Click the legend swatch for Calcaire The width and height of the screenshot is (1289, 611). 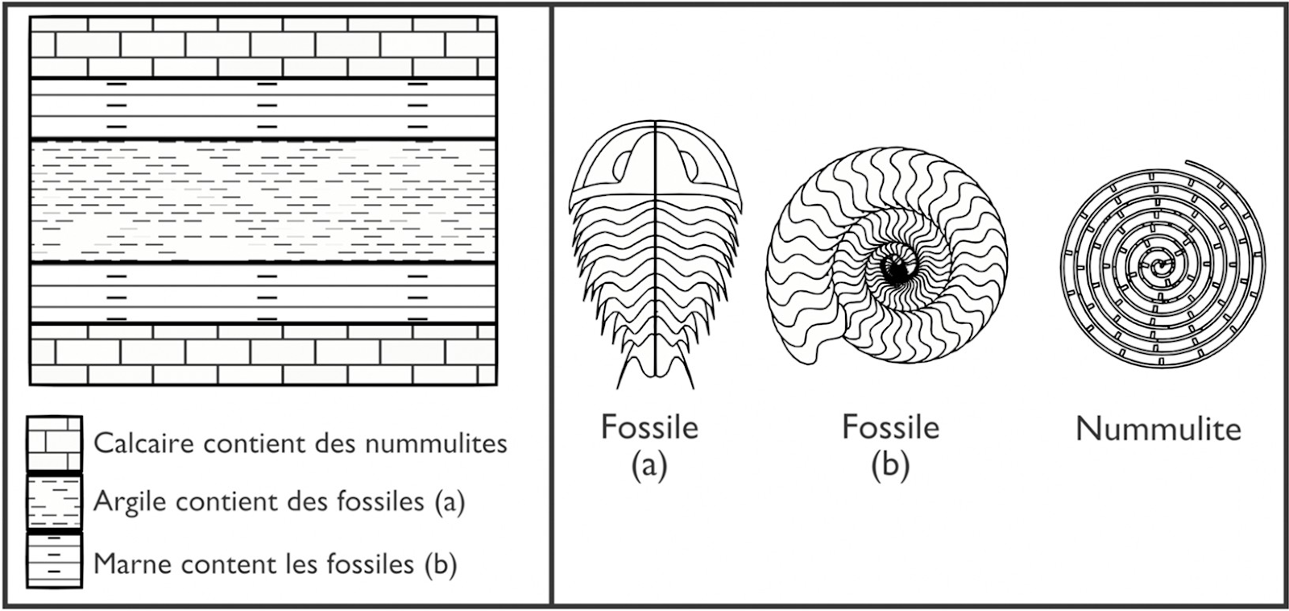pos(54,443)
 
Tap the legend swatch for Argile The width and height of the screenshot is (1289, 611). pos(54,501)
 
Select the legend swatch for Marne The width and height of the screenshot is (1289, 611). pos(54,560)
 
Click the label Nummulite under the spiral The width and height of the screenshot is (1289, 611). pos(1158,429)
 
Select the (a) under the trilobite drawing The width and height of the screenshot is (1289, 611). pos(649,465)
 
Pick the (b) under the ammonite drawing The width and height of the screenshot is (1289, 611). pos(890,465)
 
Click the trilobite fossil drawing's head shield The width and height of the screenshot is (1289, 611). pos(656,161)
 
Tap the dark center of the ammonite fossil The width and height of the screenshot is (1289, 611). pos(896,271)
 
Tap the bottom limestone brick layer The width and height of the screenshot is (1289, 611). pos(263,354)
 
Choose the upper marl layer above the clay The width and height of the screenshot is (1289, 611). pos(263,109)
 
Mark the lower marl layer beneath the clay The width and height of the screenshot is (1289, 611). pos(263,294)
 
